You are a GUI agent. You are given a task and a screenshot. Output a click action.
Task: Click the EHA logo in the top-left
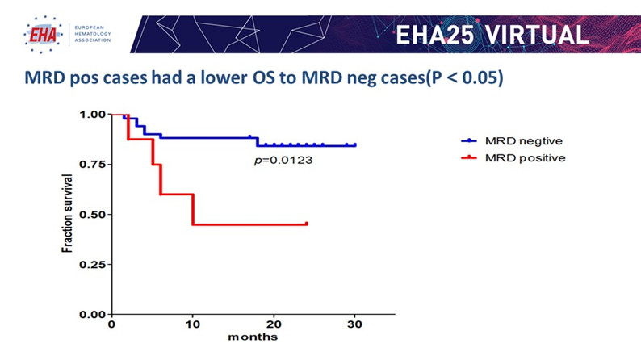tap(40, 32)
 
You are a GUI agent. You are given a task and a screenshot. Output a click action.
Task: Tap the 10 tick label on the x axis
tap(192, 324)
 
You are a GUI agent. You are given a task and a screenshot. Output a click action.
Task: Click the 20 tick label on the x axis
tap(274, 324)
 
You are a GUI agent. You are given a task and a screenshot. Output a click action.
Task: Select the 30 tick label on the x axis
tap(354, 324)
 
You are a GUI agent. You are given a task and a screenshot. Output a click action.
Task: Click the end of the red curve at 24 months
tap(306, 224)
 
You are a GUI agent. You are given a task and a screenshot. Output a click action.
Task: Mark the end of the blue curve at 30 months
tap(354, 145)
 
